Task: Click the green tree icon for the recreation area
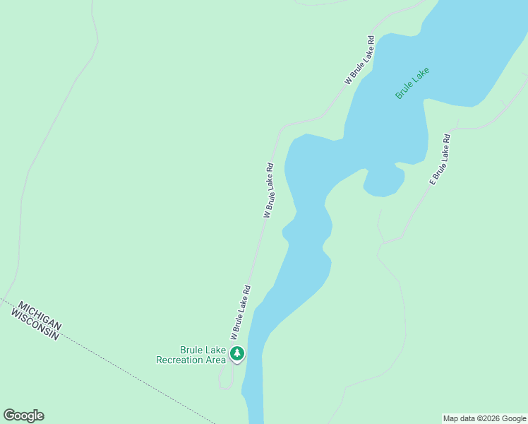click(x=238, y=353)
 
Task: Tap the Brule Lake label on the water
click(x=412, y=83)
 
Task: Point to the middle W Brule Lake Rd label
click(x=268, y=190)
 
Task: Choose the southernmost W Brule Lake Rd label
click(x=240, y=311)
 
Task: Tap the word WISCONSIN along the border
click(x=35, y=324)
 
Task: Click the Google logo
click(x=23, y=416)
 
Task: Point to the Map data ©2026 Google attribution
click(x=484, y=418)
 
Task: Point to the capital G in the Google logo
click(x=9, y=416)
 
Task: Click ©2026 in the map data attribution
click(x=488, y=418)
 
